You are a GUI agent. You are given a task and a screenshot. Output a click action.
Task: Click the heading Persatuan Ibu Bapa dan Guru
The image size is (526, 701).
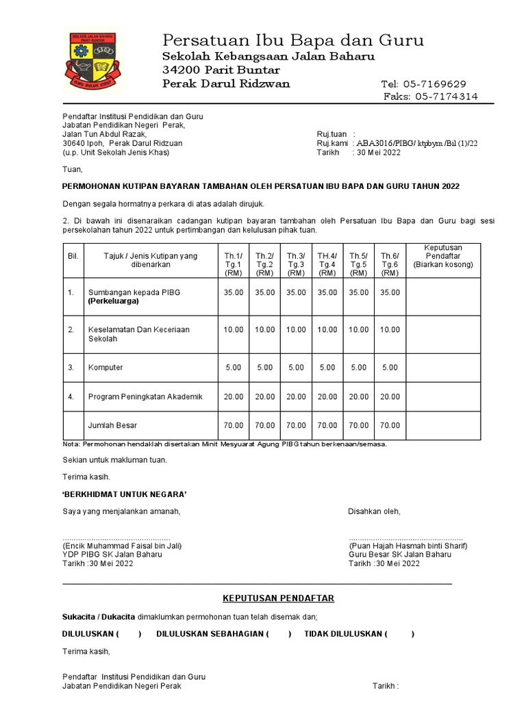point(292,40)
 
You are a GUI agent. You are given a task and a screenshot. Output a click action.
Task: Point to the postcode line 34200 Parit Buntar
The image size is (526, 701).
point(221,70)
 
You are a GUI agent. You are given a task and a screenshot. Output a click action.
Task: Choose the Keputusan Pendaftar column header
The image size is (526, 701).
point(443,255)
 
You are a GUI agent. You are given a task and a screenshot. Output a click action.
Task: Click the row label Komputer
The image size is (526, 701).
point(105,368)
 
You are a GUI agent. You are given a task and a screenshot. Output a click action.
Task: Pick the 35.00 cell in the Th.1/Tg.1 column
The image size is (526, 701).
point(234,292)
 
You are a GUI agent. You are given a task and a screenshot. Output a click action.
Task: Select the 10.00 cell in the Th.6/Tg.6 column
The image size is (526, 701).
point(390,330)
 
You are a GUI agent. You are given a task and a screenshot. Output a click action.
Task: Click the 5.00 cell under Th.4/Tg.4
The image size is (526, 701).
point(327,368)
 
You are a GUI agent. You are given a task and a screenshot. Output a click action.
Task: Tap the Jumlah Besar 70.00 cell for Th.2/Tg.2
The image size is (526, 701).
point(265,425)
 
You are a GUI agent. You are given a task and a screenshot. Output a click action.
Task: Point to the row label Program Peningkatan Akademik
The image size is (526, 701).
point(145,397)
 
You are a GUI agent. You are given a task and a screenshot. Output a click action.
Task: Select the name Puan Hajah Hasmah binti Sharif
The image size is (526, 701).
point(408,546)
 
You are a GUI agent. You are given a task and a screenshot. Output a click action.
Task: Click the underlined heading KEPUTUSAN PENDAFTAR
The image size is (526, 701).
point(279,598)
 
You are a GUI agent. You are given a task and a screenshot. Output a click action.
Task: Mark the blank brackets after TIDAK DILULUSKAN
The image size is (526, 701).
point(401,634)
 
